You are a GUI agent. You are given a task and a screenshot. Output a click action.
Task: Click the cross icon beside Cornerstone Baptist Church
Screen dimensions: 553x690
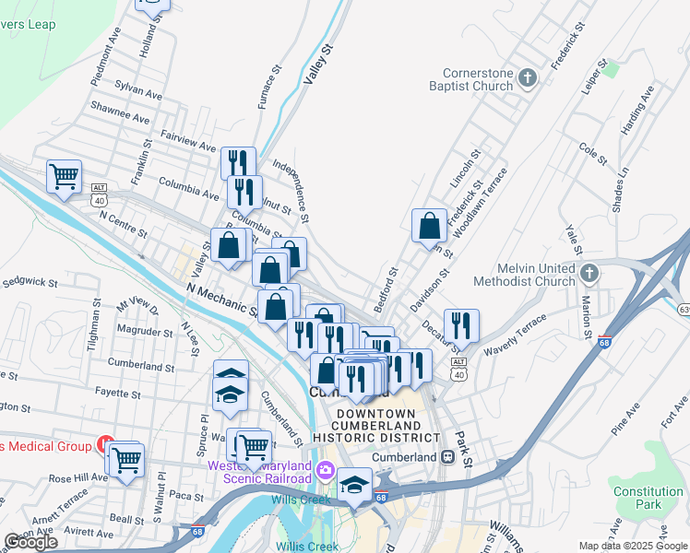(x=529, y=78)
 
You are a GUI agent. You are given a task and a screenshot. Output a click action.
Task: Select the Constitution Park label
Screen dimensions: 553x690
(x=648, y=498)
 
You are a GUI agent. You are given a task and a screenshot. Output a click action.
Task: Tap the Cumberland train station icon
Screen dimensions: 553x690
(x=447, y=457)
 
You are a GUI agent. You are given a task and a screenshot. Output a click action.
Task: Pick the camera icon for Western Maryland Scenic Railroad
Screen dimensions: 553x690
(x=325, y=471)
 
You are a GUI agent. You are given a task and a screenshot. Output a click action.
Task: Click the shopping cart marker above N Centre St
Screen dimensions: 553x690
(x=64, y=175)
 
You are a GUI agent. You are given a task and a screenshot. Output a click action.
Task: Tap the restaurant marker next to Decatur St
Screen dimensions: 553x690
(x=460, y=324)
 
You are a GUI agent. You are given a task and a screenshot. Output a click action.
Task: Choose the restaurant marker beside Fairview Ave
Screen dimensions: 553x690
(x=238, y=162)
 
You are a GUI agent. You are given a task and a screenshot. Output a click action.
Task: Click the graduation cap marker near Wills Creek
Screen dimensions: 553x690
(x=353, y=485)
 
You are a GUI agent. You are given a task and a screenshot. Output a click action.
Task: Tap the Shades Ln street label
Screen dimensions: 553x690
(x=623, y=187)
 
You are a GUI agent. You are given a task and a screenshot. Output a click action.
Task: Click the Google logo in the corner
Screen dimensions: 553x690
(x=30, y=541)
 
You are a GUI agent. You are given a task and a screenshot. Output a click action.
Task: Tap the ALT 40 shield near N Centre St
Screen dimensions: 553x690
(x=100, y=199)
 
